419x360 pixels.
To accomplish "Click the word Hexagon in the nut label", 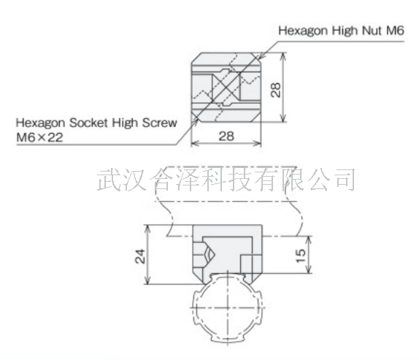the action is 302,31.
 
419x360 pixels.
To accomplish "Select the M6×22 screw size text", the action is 39,137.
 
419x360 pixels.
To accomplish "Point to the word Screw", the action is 159,123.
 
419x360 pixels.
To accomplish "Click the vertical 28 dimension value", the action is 275,90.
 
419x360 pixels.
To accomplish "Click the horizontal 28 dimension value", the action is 226,136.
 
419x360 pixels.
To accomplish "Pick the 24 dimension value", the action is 140,256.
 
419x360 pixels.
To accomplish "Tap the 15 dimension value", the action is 301,256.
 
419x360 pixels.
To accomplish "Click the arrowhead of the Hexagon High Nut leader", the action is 261,56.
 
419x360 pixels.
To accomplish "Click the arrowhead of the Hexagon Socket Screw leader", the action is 196,122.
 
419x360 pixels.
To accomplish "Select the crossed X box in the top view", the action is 226,87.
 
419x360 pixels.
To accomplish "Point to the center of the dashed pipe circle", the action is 228,307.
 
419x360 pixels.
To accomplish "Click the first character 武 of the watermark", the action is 108,180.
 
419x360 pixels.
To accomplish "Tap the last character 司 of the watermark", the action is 345,180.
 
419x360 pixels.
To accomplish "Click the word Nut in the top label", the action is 372,31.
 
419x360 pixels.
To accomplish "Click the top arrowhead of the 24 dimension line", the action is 147,228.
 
